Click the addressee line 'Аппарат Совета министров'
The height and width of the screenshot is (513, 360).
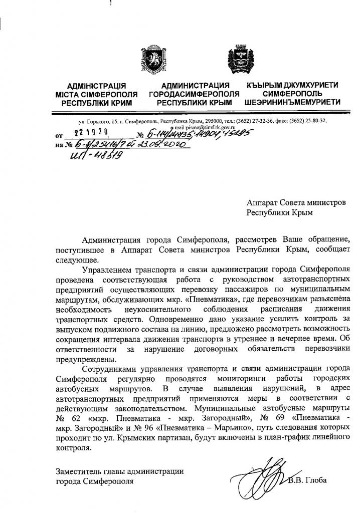[x=296, y=202]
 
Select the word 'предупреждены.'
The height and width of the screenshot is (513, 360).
[x=86, y=359]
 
